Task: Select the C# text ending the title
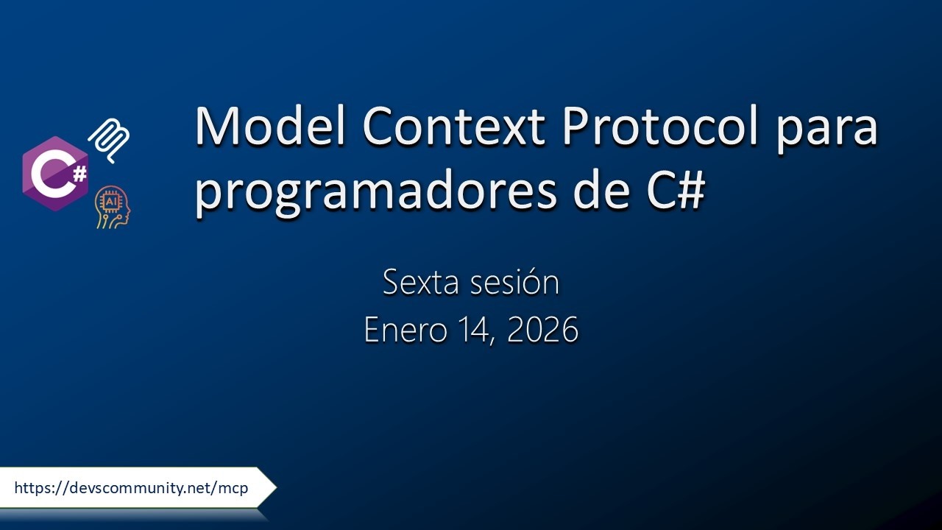(667, 190)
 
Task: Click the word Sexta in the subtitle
(418, 283)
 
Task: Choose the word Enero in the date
(406, 330)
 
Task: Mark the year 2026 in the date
(543, 330)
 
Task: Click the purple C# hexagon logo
(55, 174)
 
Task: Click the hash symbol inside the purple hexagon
(79, 173)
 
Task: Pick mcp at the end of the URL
(234, 488)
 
